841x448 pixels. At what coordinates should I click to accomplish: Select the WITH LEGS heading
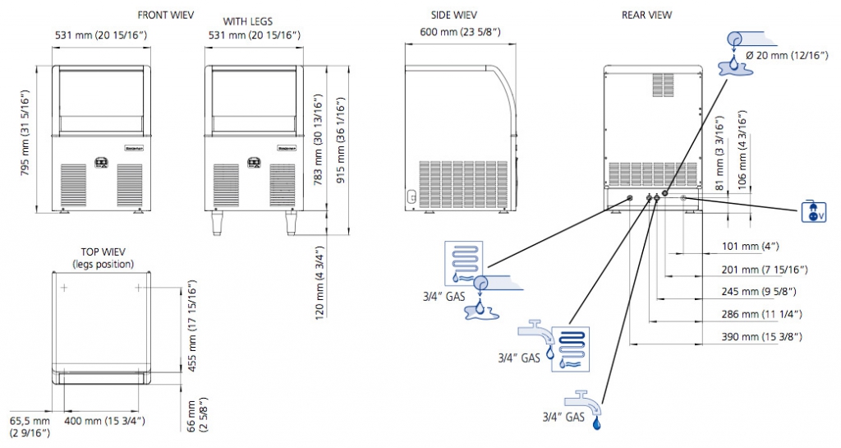pyautogui.click(x=248, y=21)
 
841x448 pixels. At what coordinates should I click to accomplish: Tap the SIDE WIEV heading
pyautogui.click(x=454, y=15)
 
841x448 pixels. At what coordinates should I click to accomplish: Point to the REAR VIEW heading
pyautogui.click(x=646, y=15)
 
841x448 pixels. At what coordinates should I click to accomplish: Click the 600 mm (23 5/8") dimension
pyautogui.click(x=455, y=31)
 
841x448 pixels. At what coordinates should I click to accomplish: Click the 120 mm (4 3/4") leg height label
pyautogui.click(x=320, y=281)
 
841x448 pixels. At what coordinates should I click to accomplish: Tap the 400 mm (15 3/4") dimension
pyautogui.click(x=105, y=421)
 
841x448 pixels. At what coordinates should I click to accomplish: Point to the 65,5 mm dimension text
pyautogui.click(x=29, y=421)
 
